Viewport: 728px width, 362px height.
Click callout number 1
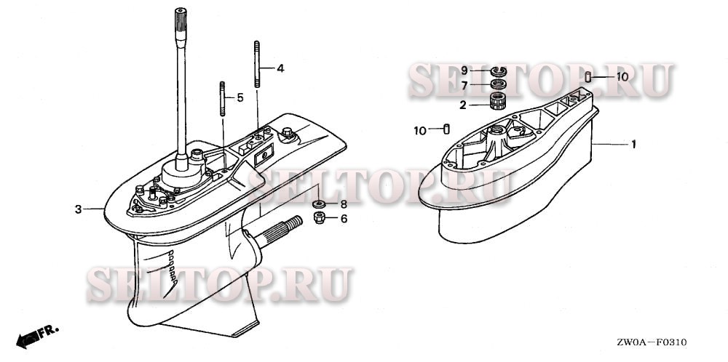click(633, 145)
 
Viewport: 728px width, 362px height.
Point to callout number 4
click(280, 69)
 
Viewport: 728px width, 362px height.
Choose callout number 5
click(240, 97)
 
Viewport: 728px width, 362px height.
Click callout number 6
click(344, 218)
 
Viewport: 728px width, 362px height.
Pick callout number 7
click(463, 85)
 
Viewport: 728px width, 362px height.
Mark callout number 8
click(344, 205)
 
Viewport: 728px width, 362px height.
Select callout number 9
click(463, 71)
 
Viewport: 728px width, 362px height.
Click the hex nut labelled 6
click(318, 217)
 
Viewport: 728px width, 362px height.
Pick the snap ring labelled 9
click(497, 71)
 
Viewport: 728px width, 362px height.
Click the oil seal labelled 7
click(497, 84)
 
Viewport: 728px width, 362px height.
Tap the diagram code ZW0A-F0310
click(652, 342)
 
